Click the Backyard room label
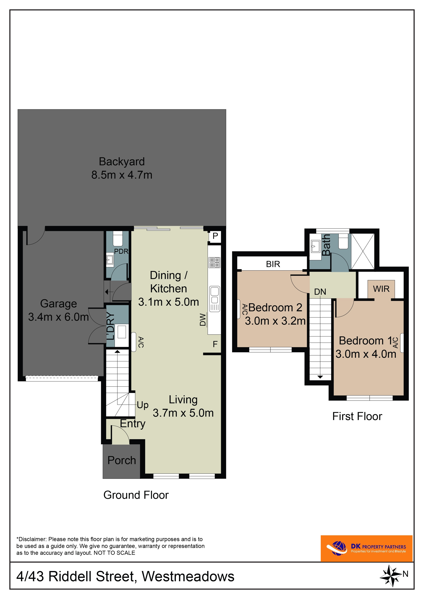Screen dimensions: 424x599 pyautogui.click(x=122, y=162)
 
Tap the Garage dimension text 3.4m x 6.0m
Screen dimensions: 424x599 pyautogui.click(x=58, y=317)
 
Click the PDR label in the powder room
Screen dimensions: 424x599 pyautogui.click(x=121, y=251)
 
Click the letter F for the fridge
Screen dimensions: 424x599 pyautogui.click(x=215, y=344)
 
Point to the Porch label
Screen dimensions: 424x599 pyautogui.click(x=122, y=460)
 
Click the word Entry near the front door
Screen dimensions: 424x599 pyautogui.click(x=133, y=424)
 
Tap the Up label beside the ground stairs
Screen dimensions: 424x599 pyautogui.click(x=143, y=405)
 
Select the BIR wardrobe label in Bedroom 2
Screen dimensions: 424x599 pyautogui.click(x=273, y=264)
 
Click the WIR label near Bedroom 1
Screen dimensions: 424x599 pyautogui.click(x=381, y=289)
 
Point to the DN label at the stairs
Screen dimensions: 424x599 pyautogui.click(x=320, y=292)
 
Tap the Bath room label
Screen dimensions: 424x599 pyautogui.click(x=326, y=245)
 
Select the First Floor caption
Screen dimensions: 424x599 pyautogui.click(x=357, y=416)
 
